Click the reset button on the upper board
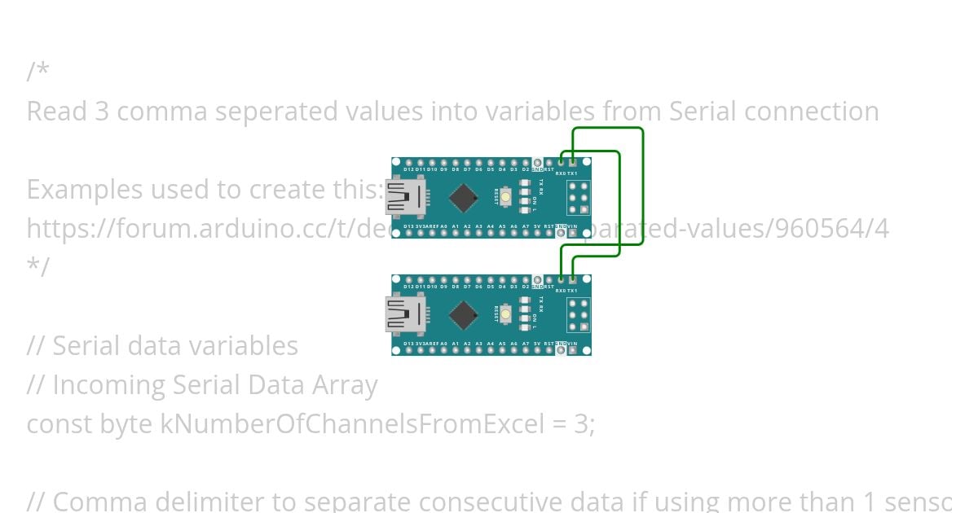pyautogui.click(x=506, y=197)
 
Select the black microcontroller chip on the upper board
pyautogui.click(x=464, y=197)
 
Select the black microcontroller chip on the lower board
pyautogui.click(x=464, y=314)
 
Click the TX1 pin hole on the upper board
pyautogui.click(x=573, y=163)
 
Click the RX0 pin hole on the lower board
pyautogui.click(x=561, y=279)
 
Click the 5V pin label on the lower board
pyautogui.click(x=537, y=343)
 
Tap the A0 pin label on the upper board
pyautogui.click(x=443, y=226)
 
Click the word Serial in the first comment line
pyautogui.click(x=707, y=111)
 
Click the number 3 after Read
pyautogui.click(x=102, y=111)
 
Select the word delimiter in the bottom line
pyautogui.click(x=207, y=502)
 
